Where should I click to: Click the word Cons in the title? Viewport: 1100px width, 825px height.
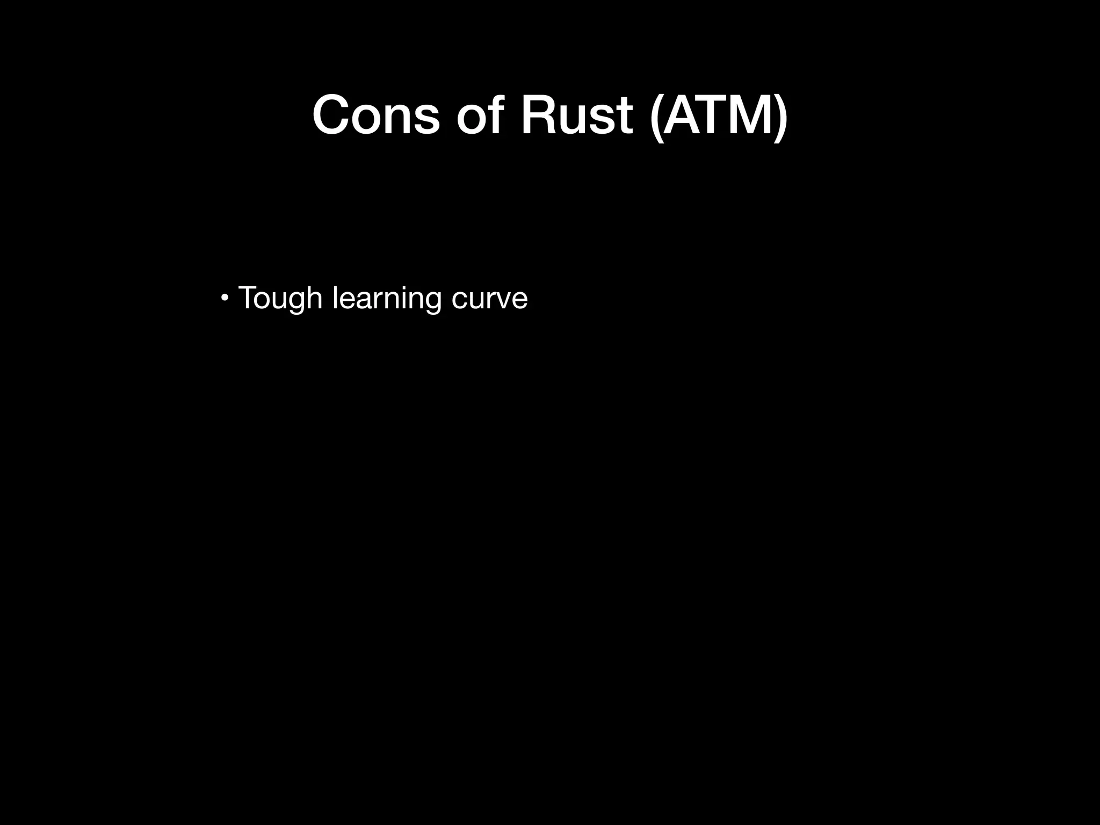(376, 115)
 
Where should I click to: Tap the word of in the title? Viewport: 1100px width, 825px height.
(480, 115)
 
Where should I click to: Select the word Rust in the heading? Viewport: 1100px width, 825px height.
(576, 115)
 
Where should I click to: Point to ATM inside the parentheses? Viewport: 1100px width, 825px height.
(718, 115)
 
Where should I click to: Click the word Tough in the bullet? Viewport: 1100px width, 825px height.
(280, 298)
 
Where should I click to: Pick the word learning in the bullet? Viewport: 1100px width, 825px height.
(387, 298)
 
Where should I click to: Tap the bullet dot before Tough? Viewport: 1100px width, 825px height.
(225, 297)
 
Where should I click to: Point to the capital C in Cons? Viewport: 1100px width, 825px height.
(333, 115)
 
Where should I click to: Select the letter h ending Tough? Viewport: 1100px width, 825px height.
(314, 297)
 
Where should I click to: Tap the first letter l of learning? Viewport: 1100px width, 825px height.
(335, 297)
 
